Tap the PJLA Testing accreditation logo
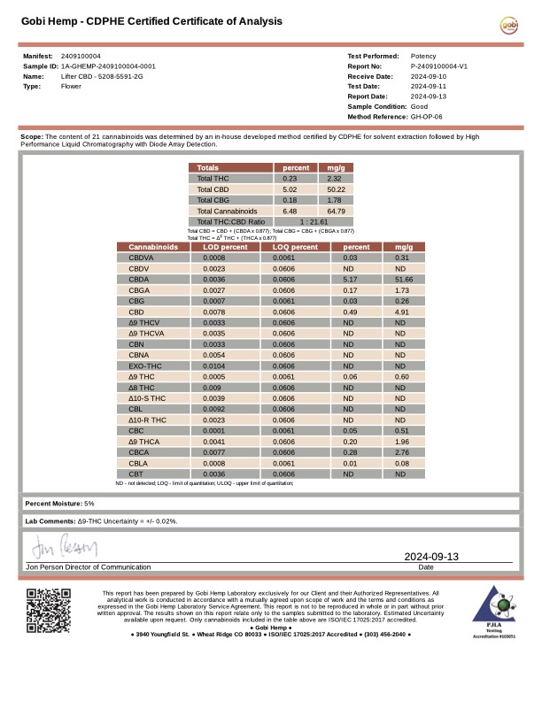click(494, 611)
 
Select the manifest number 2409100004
click(81, 56)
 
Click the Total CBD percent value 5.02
click(290, 189)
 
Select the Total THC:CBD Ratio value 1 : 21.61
click(314, 221)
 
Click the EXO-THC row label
click(145, 366)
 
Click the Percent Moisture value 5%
click(89, 504)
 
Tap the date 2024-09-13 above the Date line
click(431, 556)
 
